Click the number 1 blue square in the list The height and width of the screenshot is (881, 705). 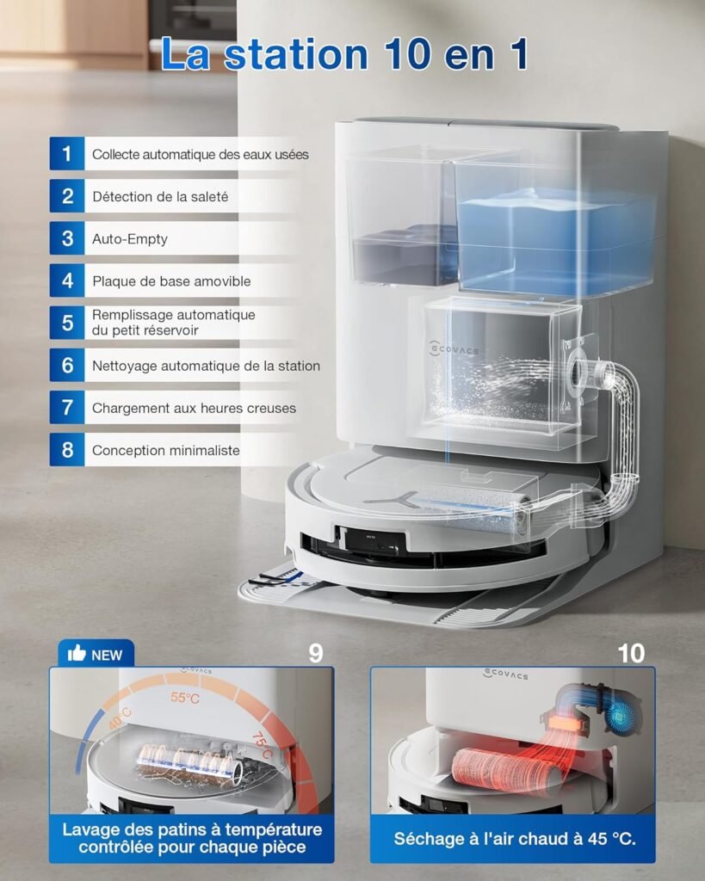pyautogui.click(x=67, y=153)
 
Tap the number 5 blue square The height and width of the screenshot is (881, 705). pyautogui.click(x=67, y=323)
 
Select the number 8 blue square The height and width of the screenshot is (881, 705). pyautogui.click(x=67, y=449)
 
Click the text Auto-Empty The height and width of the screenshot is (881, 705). pyautogui.click(x=130, y=239)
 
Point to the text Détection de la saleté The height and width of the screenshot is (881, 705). pyautogui.click(x=160, y=197)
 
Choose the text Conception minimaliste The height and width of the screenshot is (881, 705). pyautogui.click(x=166, y=450)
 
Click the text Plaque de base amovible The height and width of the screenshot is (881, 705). pyautogui.click(x=171, y=281)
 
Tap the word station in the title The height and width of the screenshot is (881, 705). pyautogui.click(x=296, y=54)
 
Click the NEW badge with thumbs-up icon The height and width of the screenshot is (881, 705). pyautogui.click(x=96, y=654)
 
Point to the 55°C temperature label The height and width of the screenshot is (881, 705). pyautogui.click(x=185, y=698)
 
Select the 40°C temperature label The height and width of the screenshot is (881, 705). pyautogui.click(x=120, y=718)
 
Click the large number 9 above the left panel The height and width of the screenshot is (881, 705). pyautogui.click(x=316, y=653)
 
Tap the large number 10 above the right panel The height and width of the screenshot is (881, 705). pyautogui.click(x=631, y=653)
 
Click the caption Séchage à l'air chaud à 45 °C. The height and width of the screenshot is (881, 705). pyautogui.click(x=515, y=839)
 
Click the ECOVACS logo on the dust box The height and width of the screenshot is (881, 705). pyautogui.click(x=454, y=349)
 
